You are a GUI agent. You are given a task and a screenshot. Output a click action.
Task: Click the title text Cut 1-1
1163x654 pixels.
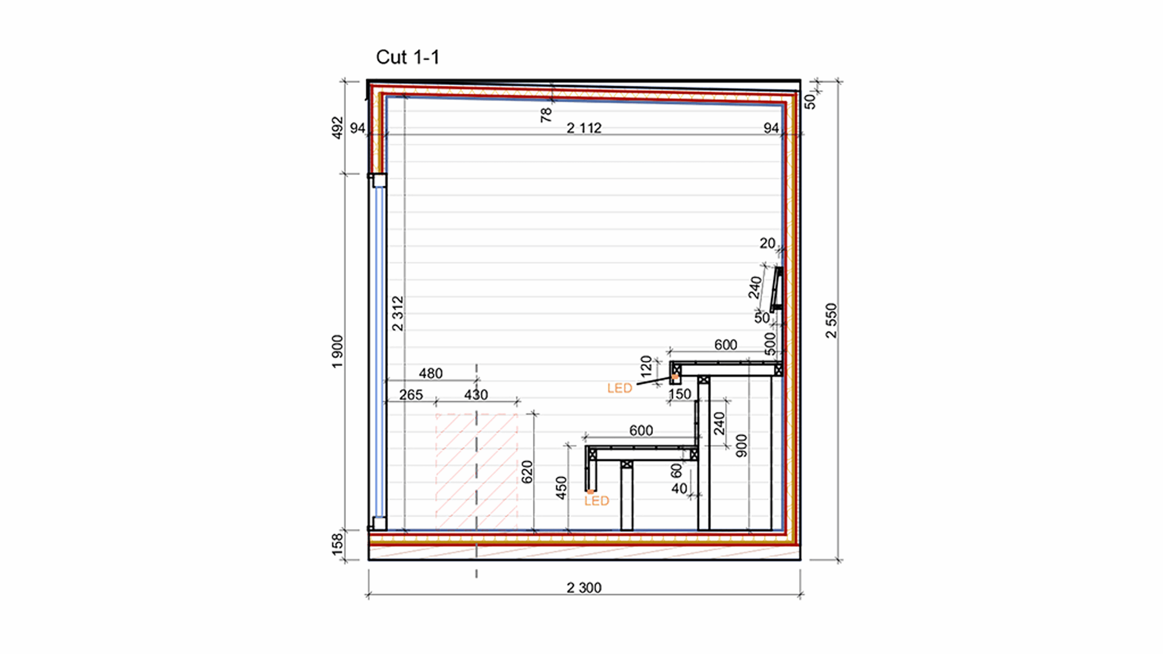(x=408, y=58)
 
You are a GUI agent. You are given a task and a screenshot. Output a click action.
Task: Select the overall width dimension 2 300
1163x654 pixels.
(x=584, y=588)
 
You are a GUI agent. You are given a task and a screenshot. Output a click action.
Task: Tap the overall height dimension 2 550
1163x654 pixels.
(x=831, y=321)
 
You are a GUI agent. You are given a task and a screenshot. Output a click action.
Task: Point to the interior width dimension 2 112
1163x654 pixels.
(x=584, y=128)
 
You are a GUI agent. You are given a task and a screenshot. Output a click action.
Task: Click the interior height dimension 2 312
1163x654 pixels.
(x=398, y=313)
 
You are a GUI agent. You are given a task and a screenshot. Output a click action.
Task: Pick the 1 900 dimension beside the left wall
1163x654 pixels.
(x=338, y=352)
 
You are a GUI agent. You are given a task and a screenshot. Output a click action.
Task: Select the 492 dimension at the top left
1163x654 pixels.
(x=338, y=128)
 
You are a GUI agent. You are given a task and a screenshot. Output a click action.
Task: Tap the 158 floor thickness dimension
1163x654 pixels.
(x=338, y=544)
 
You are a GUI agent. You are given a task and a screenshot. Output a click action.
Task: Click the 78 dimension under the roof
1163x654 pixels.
(x=546, y=114)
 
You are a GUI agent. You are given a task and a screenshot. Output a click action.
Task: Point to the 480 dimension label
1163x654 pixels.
(x=430, y=373)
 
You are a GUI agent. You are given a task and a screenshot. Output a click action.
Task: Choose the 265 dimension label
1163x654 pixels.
(x=411, y=395)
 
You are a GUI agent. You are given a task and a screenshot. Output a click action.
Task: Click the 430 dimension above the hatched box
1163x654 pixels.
(x=476, y=395)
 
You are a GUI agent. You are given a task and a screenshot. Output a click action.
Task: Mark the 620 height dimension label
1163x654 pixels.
(x=527, y=471)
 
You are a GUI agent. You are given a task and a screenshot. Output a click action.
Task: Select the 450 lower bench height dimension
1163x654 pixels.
(x=562, y=488)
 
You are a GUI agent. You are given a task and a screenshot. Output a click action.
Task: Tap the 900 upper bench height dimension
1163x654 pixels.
(x=741, y=446)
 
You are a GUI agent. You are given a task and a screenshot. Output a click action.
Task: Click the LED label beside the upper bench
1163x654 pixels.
(x=620, y=388)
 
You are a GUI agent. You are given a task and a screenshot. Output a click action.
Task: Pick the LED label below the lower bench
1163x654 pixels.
(x=596, y=501)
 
